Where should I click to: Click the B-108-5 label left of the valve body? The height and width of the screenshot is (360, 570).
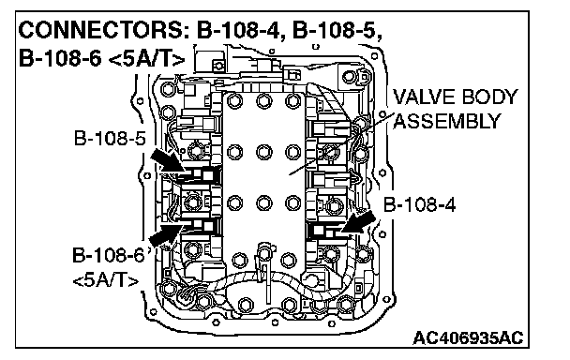coord(110,138)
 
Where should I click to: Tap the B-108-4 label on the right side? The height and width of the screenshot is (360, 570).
coord(419,204)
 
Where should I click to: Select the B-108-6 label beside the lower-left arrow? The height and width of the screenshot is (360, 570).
coord(109,255)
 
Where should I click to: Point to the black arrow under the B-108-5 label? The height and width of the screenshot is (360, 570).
coord(167,160)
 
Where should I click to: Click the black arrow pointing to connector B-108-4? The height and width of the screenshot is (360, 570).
coord(358,222)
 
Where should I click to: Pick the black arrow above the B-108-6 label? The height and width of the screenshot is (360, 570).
coord(166,234)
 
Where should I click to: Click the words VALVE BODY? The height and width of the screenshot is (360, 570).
coord(455,97)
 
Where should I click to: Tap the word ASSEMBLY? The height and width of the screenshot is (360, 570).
coord(447,121)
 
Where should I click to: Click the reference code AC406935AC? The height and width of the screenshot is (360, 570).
coord(468,337)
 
